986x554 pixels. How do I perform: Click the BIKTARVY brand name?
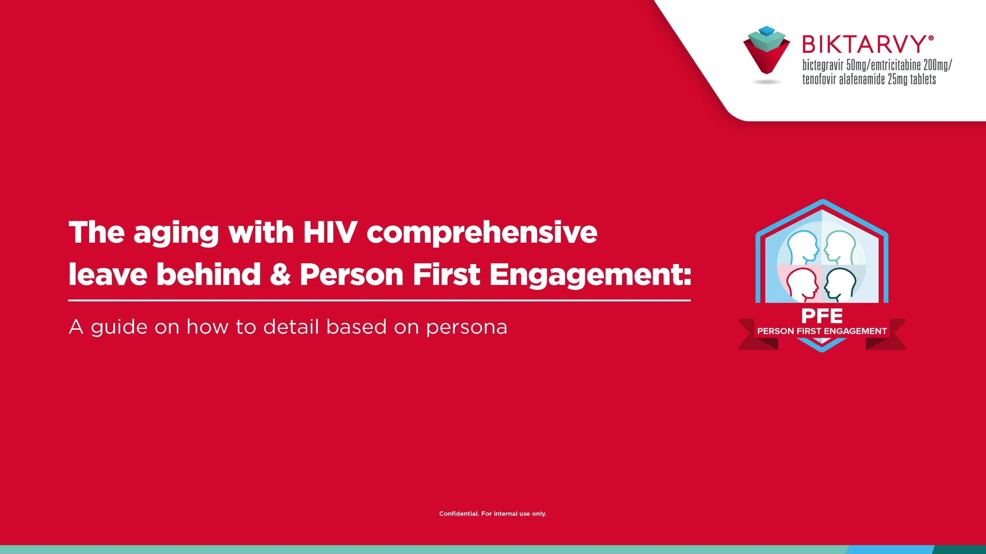click(x=864, y=44)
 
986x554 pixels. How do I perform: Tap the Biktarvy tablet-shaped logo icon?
click(x=766, y=51)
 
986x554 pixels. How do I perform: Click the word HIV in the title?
click(x=330, y=232)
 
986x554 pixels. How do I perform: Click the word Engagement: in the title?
click(x=590, y=275)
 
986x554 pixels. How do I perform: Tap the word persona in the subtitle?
click(x=467, y=327)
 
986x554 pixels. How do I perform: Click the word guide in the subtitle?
click(x=119, y=327)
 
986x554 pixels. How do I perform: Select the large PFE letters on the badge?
click(x=822, y=316)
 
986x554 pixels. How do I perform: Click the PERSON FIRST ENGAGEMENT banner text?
click(x=822, y=331)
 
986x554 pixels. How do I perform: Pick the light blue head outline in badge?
click(x=802, y=249)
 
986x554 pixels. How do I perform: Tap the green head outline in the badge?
click(x=840, y=249)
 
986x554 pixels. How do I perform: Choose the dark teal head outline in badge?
click(x=840, y=284)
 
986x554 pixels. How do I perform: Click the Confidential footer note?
click(x=493, y=513)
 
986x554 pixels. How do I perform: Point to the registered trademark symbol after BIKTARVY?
click(x=931, y=38)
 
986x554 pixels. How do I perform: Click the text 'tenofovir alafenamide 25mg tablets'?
click(x=869, y=79)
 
